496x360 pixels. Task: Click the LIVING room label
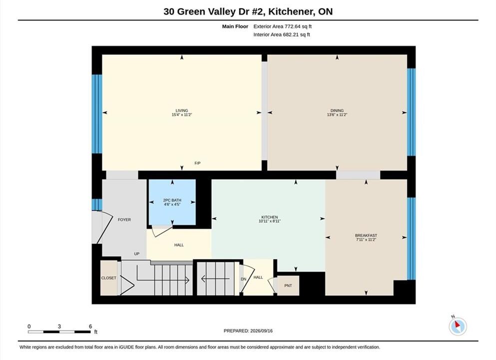[182, 110]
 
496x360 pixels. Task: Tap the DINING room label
[337, 110]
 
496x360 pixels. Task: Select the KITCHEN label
[270, 217]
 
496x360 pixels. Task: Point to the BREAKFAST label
[366, 235]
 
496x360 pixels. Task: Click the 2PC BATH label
[172, 200]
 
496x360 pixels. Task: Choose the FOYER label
[124, 219]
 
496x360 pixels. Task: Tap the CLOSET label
[109, 278]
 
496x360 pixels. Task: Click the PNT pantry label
[288, 285]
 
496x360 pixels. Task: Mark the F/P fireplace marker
[197, 163]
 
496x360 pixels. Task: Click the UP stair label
[137, 253]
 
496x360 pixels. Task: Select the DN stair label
[244, 279]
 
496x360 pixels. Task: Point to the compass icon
[458, 326]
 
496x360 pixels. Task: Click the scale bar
[59, 332]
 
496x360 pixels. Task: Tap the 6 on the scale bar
[90, 326]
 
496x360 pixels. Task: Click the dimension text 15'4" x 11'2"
[182, 114]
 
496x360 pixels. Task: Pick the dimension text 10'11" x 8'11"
[270, 221]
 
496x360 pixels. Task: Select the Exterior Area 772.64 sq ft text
[283, 26]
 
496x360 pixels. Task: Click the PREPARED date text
[248, 331]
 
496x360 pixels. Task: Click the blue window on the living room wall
[97, 114]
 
